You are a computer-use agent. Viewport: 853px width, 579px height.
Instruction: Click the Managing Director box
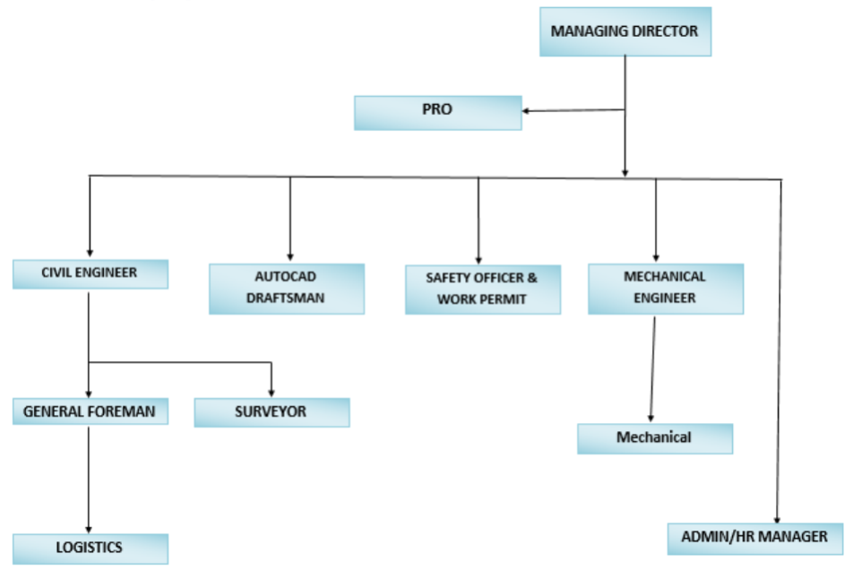coord(625,31)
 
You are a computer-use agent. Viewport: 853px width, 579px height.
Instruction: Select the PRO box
coord(438,113)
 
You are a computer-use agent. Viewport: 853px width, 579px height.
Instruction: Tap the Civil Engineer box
coord(90,273)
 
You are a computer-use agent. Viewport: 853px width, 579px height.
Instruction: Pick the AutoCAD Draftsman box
coord(287,289)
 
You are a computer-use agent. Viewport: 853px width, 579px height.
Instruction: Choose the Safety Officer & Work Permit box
coord(483,289)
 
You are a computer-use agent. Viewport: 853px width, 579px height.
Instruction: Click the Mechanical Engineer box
coord(666,289)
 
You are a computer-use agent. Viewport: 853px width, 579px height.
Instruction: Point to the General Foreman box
coord(90,410)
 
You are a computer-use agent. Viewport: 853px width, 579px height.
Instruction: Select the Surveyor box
coord(271,412)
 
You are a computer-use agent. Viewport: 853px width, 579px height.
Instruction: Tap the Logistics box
coord(90,549)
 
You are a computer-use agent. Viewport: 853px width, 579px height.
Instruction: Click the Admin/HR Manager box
coord(755,539)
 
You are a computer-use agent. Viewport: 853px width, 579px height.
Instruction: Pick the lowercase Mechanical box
coord(655,438)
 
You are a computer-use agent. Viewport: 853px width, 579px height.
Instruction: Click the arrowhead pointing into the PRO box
coord(526,111)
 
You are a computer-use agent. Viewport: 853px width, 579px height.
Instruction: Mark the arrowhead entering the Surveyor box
coord(271,393)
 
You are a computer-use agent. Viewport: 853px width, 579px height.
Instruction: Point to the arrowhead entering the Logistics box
coord(89,530)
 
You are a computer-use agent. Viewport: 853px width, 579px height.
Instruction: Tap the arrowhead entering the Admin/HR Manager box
coord(778,520)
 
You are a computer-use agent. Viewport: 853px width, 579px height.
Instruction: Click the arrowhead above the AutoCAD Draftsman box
coord(290,257)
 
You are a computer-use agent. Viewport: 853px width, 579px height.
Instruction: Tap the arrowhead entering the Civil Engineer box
coord(90,253)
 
